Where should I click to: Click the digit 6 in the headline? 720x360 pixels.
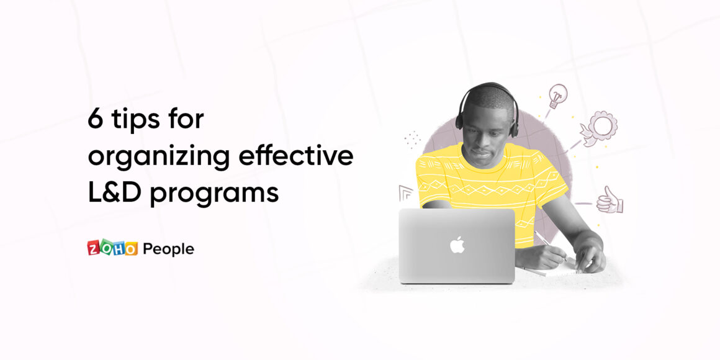pos(96,120)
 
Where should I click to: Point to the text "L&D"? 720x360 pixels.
pos(115,192)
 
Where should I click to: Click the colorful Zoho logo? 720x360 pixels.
pos(112,248)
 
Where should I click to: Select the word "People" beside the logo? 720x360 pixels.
pos(169,249)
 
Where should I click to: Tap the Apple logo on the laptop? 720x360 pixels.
pos(457,245)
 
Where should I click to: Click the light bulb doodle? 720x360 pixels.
pos(557,96)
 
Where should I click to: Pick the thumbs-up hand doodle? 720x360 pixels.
pos(610,200)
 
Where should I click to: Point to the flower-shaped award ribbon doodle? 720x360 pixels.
pos(599,128)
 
